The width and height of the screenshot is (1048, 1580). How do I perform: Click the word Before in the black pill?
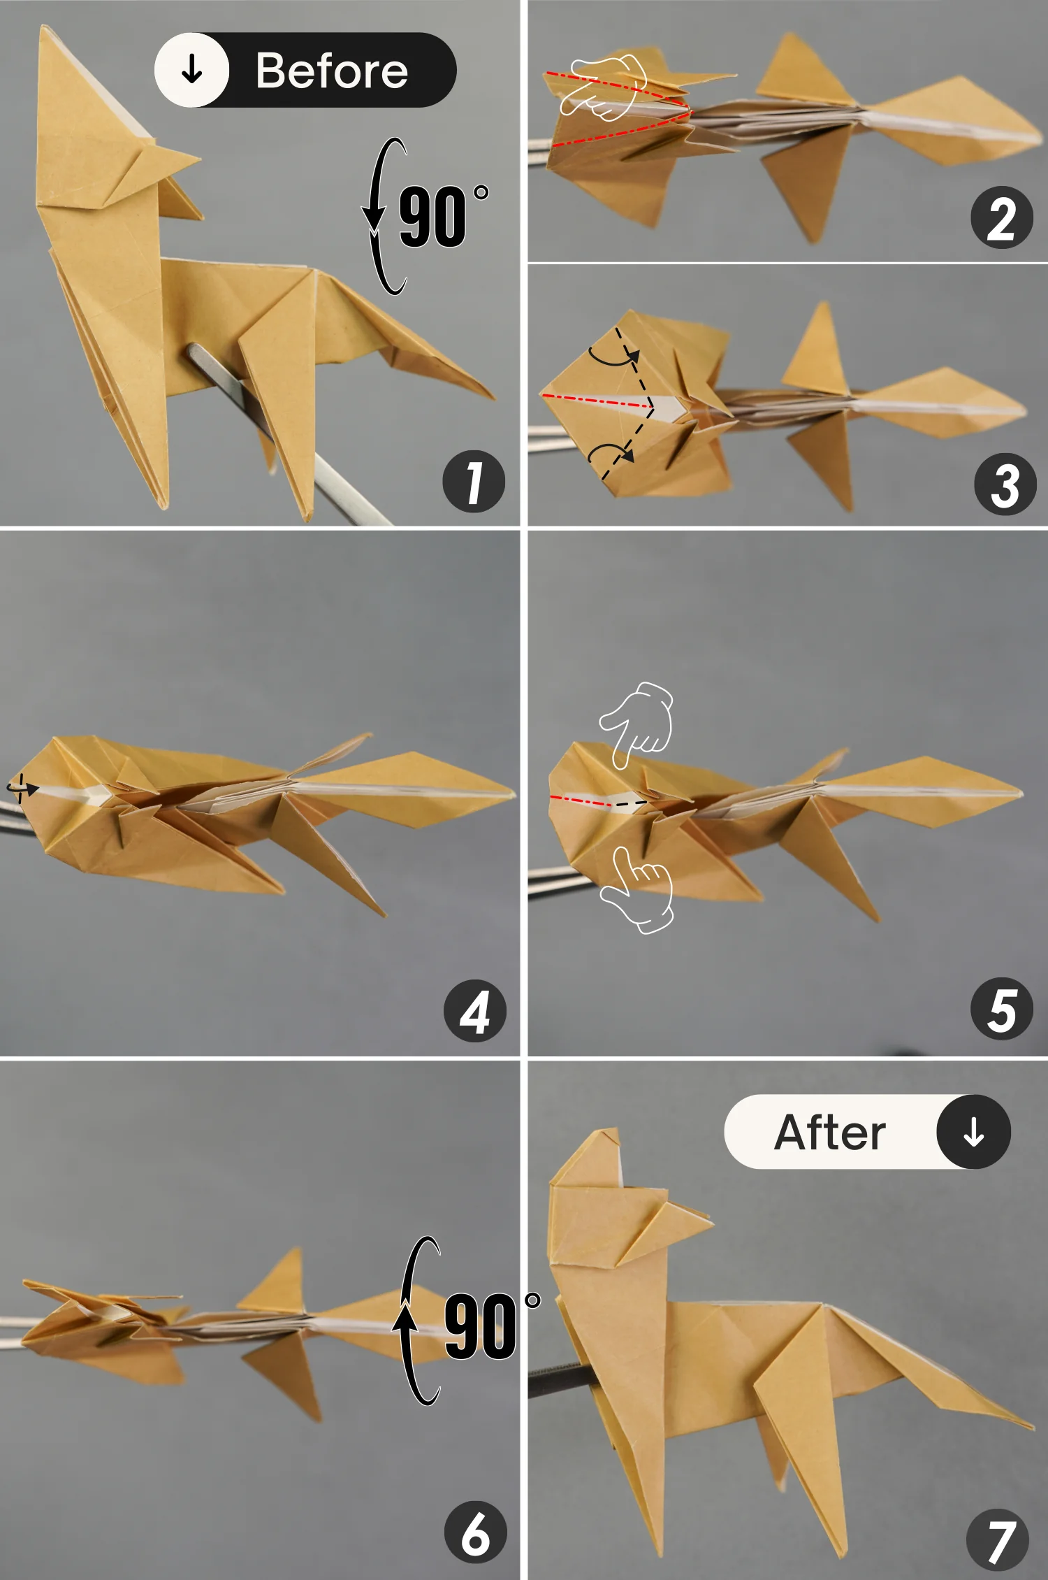click(331, 71)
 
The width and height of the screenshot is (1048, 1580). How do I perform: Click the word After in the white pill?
click(830, 1133)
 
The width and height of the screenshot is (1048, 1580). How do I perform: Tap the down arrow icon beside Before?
click(192, 70)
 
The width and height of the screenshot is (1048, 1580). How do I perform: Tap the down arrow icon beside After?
click(973, 1132)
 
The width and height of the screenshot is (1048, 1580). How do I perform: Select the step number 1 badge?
click(474, 482)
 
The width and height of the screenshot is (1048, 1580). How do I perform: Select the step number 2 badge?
click(1002, 217)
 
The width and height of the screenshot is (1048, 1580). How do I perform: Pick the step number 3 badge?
click(1005, 484)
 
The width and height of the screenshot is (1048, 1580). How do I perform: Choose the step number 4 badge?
click(475, 1011)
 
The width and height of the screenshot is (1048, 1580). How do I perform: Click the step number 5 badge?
click(1002, 1009)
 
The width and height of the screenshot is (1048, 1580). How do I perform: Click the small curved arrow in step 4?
click(22, 788)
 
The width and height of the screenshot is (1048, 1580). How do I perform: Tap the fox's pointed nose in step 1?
click(197, 161)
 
